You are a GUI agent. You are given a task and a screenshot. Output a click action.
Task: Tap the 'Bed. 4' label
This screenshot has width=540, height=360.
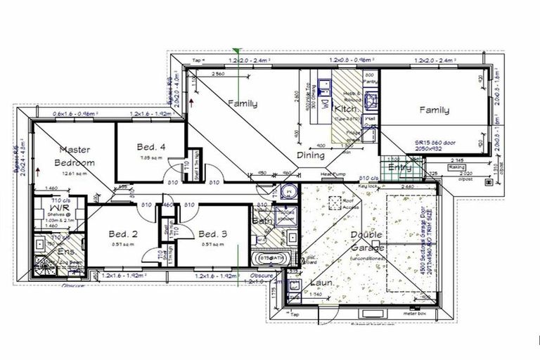151,147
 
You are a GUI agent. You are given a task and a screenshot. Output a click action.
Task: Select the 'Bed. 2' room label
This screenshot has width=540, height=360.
122,234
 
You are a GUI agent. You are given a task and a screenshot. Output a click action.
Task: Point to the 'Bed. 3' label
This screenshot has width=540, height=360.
212,234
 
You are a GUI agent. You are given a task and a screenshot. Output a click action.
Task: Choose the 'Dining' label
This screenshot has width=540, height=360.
310,155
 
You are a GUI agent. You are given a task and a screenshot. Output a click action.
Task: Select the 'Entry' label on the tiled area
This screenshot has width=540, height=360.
400,168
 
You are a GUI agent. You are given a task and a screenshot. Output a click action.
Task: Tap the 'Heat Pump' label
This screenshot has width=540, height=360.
330,174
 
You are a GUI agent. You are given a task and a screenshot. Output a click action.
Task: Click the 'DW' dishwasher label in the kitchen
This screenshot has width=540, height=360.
325,105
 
